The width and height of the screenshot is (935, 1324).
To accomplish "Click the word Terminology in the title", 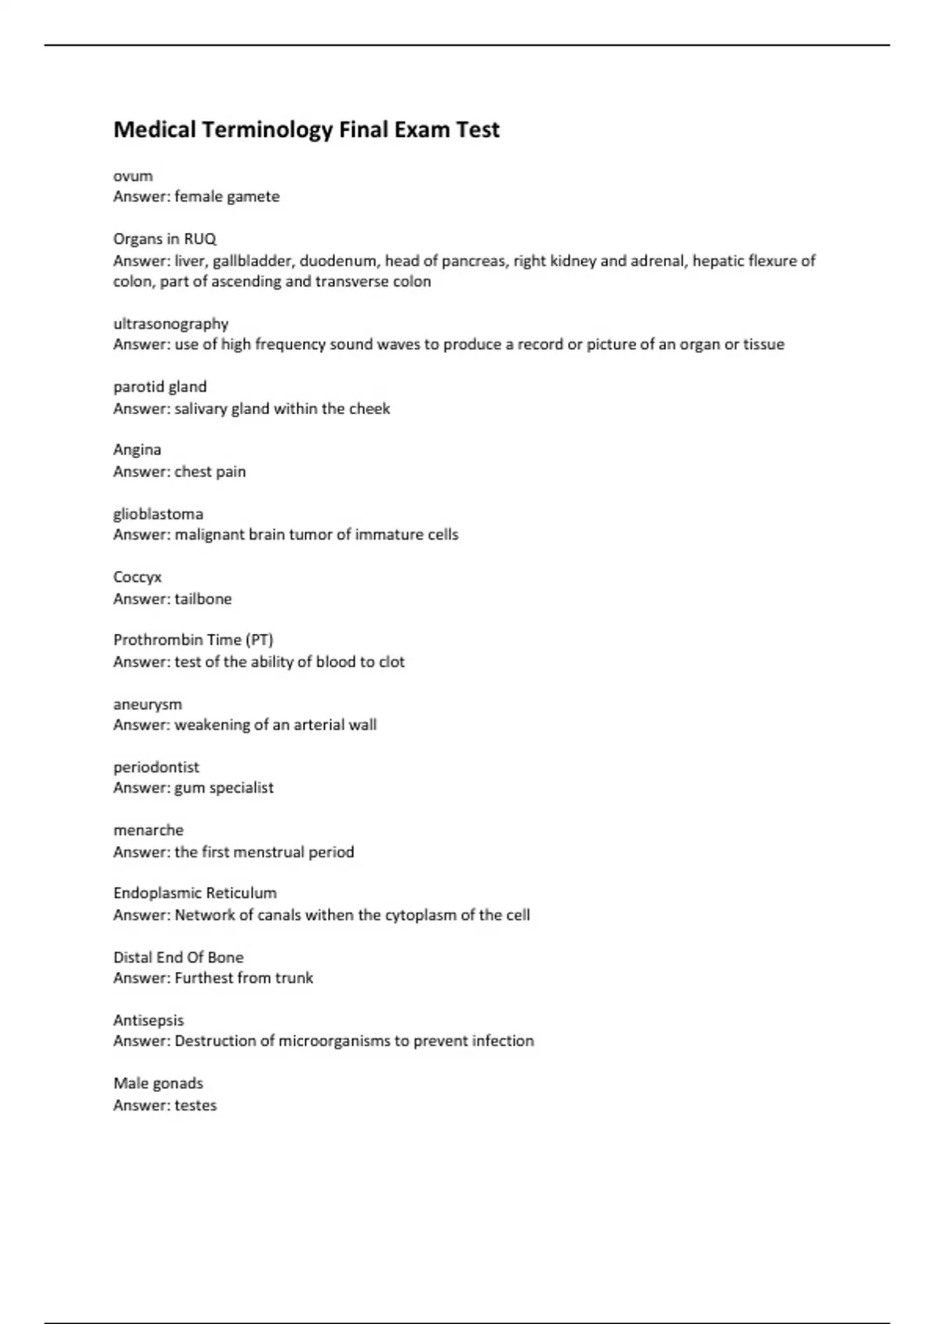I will pos(267,129).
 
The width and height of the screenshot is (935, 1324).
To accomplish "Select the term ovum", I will pos(132,176).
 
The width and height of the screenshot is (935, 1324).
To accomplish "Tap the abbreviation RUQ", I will pos(200,239).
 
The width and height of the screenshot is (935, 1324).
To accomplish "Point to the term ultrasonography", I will pos(171,324).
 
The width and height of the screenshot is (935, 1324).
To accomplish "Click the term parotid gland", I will pos(160,387).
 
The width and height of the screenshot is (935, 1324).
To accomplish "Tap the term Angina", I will pos(137,450).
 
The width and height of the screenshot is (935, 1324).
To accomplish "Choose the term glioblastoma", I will pos(158,514).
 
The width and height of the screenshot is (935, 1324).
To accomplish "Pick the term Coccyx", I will pos(137,577).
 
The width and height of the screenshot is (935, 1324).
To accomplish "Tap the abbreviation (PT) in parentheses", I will pos(259,640).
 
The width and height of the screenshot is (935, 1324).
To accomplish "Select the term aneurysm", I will pos(147,704).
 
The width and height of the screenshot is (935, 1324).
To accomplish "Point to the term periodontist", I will pos(156,767).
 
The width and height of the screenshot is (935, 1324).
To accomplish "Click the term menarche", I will pos(148,830).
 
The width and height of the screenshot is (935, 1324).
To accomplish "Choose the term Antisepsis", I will pos(148,1020).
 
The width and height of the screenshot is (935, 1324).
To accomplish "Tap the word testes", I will pos(196,1105).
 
